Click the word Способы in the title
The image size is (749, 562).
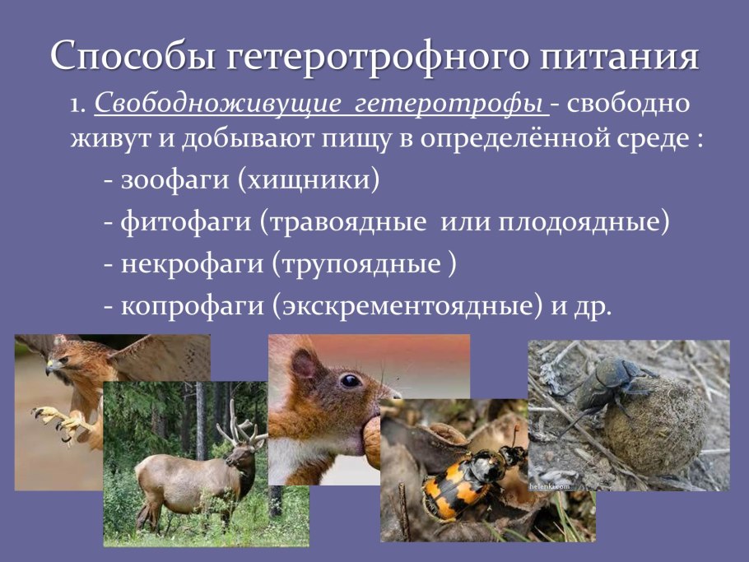133,55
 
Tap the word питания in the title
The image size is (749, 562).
620,55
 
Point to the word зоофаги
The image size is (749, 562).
175,180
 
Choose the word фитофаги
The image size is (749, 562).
186,222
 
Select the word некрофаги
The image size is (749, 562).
192,264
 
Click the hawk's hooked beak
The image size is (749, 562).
50,368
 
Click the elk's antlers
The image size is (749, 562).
240,425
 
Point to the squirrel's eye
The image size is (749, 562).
351,380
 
